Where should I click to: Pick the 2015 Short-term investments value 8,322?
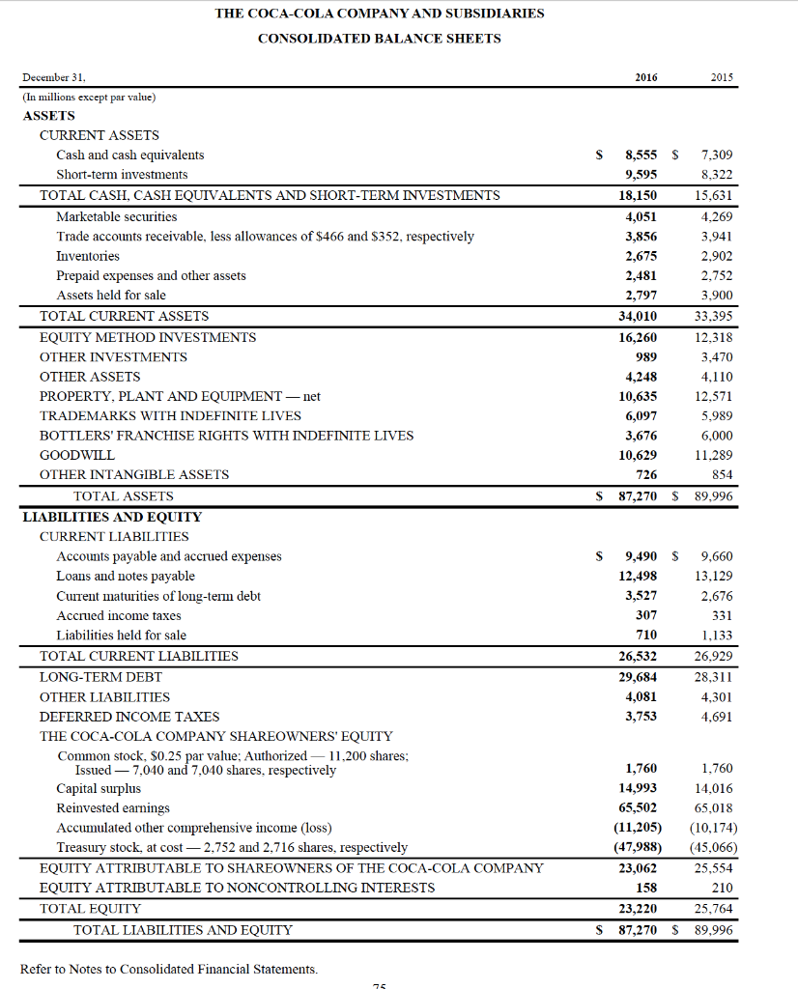click(716, 175)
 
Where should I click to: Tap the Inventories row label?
click(88, 256)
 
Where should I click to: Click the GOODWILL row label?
click(77, 455)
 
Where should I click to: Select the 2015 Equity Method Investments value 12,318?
click(714, 337)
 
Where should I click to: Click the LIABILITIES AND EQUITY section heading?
click(112, 517)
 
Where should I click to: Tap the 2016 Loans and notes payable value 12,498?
click(638, 576)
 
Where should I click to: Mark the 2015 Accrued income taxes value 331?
click(720, 615)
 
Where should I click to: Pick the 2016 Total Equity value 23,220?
click(638, 908)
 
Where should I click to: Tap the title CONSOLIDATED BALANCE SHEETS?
click(380, 39)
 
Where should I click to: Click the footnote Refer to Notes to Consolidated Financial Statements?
click(168, 969)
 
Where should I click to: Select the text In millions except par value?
click(89, 97)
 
